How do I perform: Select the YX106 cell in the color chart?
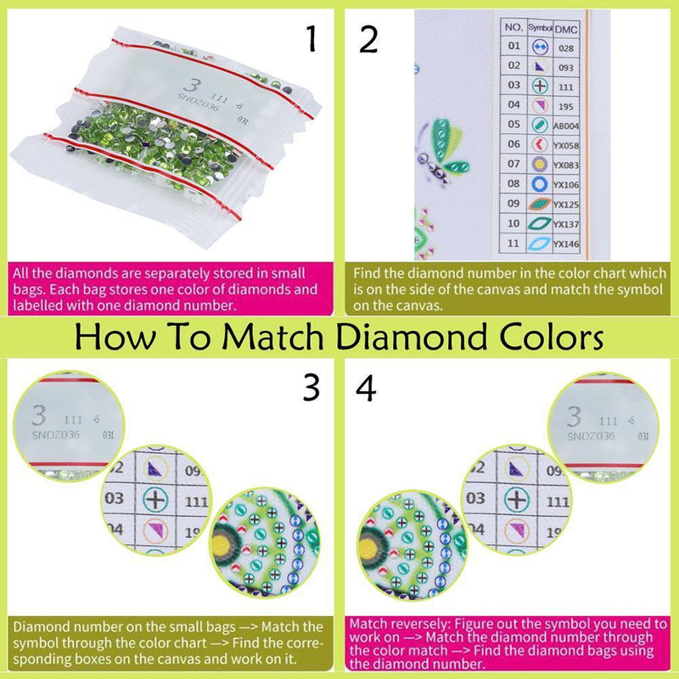566,183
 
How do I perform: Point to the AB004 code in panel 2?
566,125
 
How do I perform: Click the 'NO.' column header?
513,27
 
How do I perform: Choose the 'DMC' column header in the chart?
566,27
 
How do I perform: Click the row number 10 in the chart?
513,223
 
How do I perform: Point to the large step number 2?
368,38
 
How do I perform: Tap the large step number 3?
311,387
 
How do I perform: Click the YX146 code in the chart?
566,243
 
